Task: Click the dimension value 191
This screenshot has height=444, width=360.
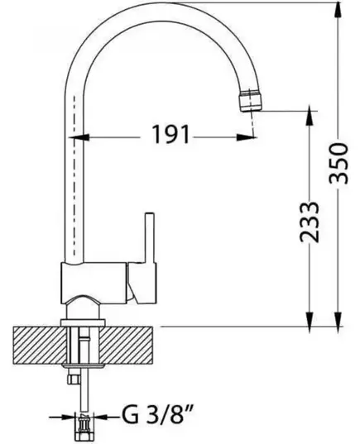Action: [x=170, y=134]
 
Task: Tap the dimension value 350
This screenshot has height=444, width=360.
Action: [x=338, y=164]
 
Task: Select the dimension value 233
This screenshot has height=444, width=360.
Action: [x=310, y=222]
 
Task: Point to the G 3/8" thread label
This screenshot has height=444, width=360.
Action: [x=158, y=418]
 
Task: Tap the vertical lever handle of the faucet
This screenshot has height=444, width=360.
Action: [x=150, y=238]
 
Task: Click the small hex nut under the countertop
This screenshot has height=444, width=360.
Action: [x=73, y=379]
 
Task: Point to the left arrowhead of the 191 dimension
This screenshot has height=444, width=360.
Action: [x=79, y=137]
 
